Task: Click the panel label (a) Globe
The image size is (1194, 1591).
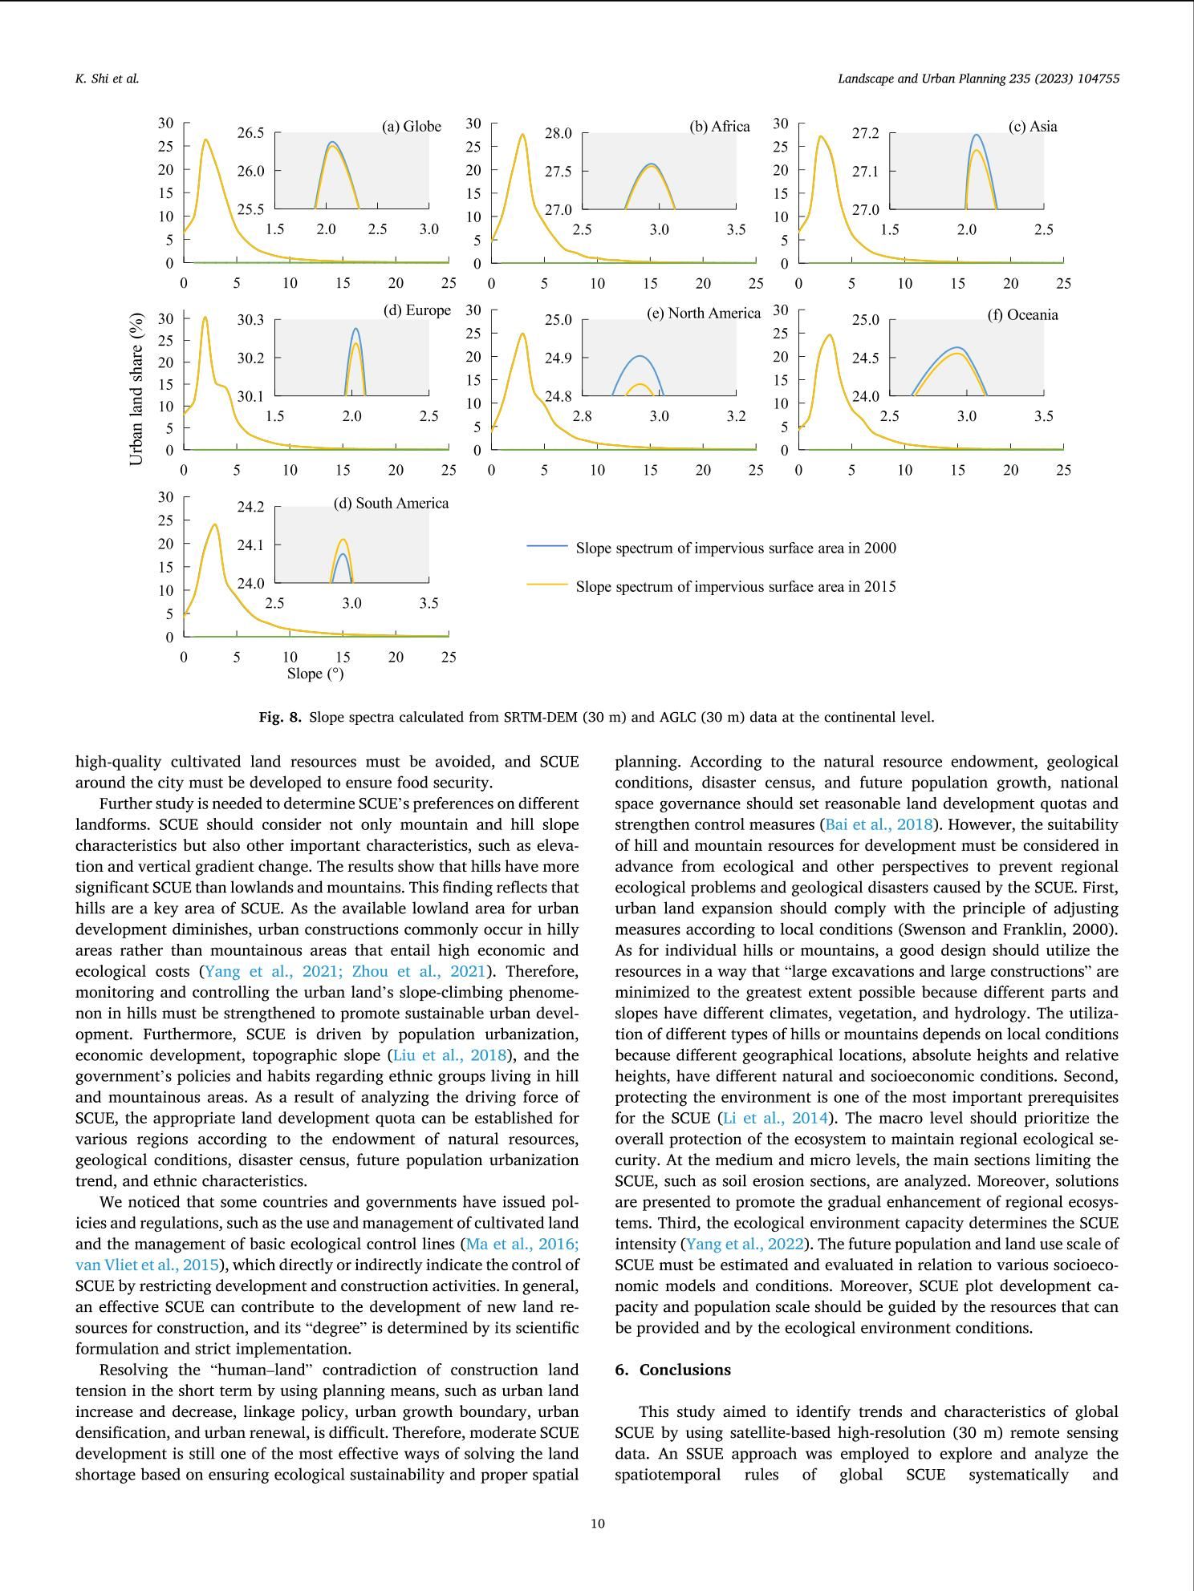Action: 411,127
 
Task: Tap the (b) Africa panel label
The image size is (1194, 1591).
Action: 719,127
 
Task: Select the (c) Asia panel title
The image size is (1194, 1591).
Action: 1032,127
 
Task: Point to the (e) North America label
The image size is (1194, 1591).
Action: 703,314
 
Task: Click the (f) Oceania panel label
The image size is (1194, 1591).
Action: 1022,315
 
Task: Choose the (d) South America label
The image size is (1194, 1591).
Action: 391,504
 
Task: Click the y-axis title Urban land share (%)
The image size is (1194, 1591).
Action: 136,389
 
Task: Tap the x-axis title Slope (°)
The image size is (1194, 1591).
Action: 315,674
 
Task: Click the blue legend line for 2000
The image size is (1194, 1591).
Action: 546,546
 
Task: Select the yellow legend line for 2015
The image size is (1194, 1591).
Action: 546,585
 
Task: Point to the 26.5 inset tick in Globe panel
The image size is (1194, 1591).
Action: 250,133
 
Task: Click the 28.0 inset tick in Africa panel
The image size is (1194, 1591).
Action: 558,133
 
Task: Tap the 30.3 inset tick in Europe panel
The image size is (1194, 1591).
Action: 250,320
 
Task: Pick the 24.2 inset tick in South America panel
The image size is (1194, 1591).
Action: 250,507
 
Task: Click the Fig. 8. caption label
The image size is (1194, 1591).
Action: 280,717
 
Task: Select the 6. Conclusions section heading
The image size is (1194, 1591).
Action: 672,1370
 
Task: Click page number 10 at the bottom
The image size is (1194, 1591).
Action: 597,1524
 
